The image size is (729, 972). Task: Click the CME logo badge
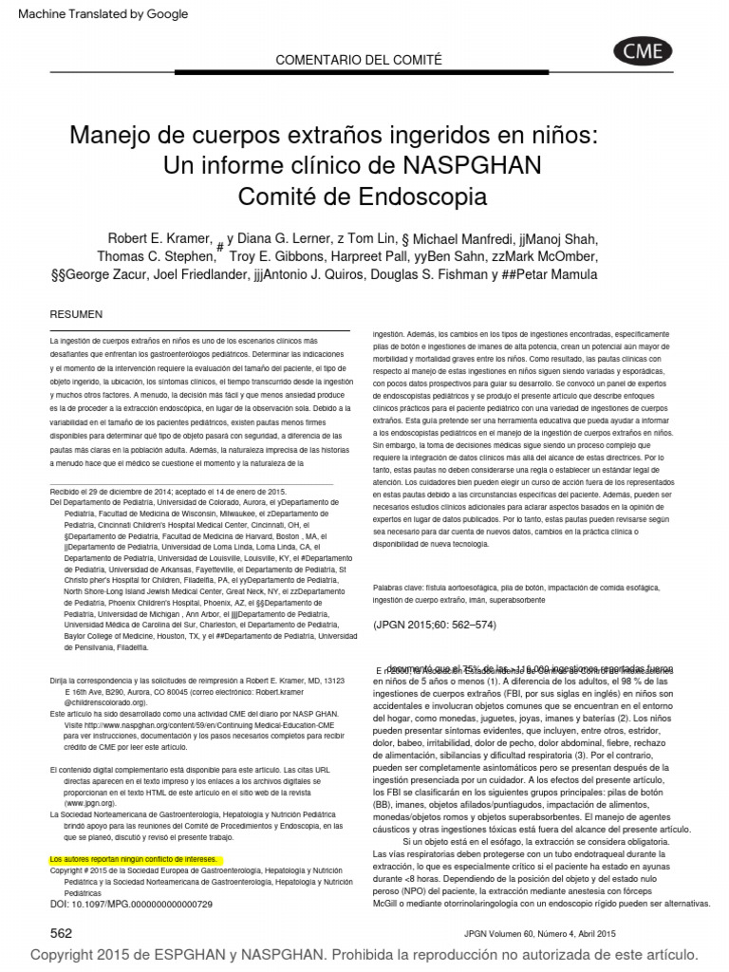tap(643, 52)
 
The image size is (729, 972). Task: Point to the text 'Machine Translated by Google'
tap(103, 14)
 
